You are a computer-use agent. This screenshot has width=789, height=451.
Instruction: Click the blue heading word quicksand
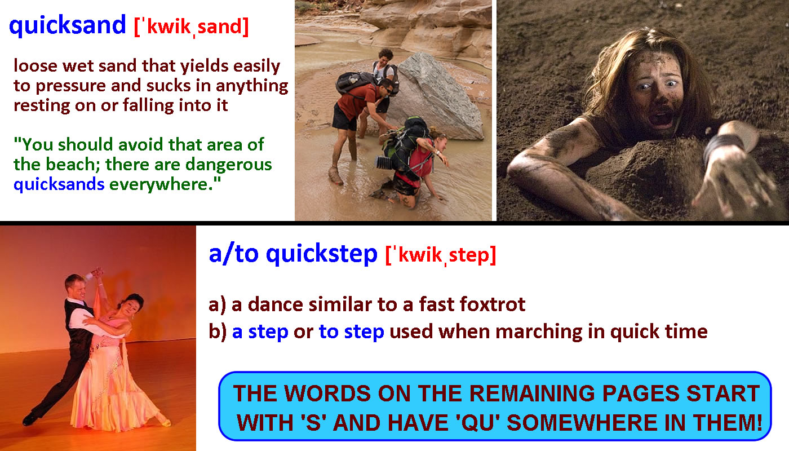[67, 25]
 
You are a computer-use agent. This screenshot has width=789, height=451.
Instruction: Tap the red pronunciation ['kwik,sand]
[191, 26]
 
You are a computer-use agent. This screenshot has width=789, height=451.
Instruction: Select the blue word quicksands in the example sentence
[59, 184]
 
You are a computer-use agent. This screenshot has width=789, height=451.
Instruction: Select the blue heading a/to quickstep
[292, 254]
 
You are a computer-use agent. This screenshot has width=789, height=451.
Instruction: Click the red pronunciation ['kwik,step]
[441, 255]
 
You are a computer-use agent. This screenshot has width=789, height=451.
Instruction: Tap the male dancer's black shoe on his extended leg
[31, 419]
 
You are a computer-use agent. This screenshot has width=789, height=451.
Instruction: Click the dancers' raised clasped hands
[97, 273]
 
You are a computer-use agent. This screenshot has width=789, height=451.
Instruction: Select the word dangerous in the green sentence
[229, 165]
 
